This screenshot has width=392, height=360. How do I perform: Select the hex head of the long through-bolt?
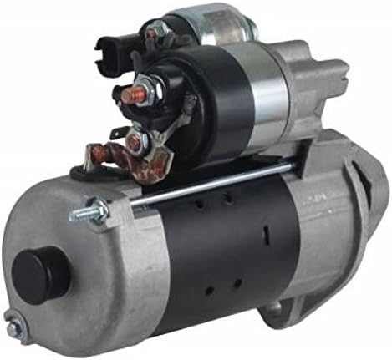pyautogui.click(x=92, y=213)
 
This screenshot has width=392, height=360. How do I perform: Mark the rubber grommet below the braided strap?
pyautogui.click(x=81, y=173)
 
